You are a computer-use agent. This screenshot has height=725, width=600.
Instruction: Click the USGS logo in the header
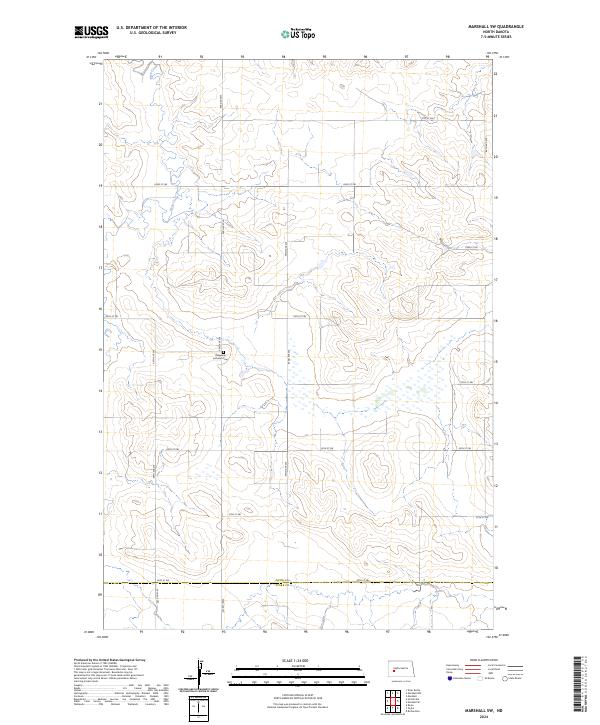[x=90, y=34]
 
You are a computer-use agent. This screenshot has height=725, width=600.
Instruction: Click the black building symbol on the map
[x=223, y=351]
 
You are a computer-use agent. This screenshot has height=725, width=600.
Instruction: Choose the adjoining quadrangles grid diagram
[x=396, y=697]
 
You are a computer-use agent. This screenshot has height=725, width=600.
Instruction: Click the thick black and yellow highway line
[x=300, y=584]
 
